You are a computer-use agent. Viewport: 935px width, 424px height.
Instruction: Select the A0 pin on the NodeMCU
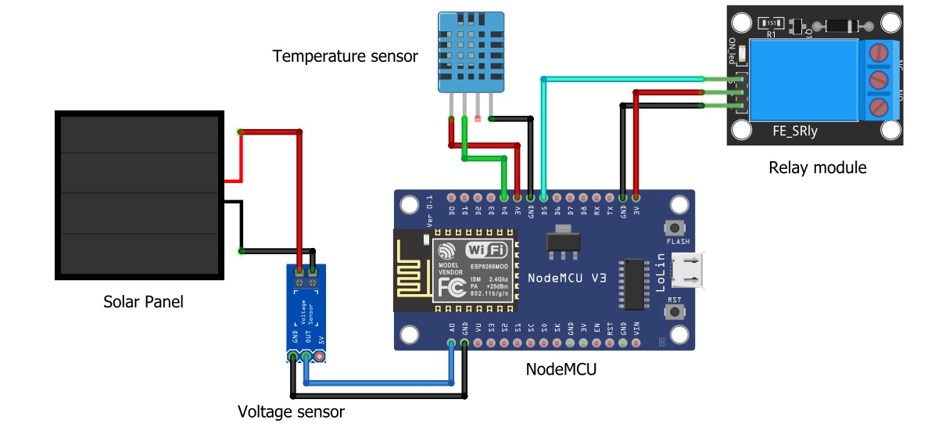click(x=451, y=343)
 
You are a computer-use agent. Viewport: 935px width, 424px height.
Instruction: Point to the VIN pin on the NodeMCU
click(x=637, y=343)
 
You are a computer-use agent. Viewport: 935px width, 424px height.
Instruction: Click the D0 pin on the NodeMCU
click(x=451, y=197)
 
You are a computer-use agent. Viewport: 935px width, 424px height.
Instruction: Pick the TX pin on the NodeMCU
click(x=610, y=197)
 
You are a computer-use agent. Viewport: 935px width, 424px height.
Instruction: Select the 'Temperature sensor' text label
click(x=345, y=56)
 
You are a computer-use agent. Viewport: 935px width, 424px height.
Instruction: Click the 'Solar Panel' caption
click(x=143, y=301)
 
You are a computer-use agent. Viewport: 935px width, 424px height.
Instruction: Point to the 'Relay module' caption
click(x=817, y=167)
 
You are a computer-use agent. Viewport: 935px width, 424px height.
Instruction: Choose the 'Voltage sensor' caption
click(x=291, y=411)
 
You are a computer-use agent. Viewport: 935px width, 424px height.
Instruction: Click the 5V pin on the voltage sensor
click(x=319, y=357)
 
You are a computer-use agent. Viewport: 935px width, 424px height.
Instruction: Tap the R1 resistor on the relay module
click(x=772, y=23)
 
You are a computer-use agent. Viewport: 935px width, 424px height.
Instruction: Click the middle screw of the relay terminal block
click(x=880, y=79)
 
